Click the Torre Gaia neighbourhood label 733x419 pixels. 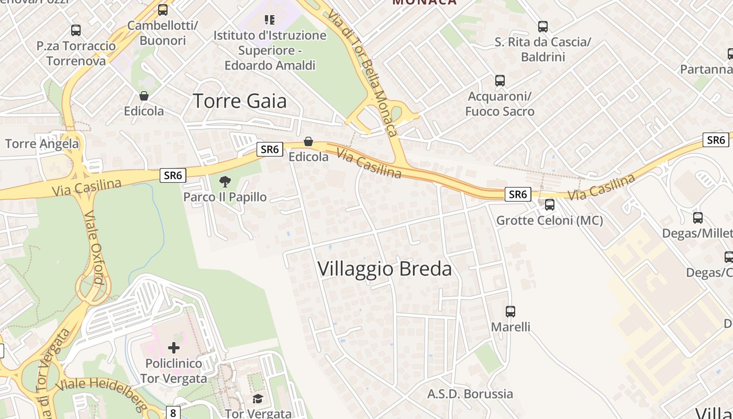240,101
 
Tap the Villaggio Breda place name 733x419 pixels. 384,269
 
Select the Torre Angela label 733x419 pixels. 42,144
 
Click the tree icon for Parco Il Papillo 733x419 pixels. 225,182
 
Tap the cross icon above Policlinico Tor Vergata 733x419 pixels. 173,347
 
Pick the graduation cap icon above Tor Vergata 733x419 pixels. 258,399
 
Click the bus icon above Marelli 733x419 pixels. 510,311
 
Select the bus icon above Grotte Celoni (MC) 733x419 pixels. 550,205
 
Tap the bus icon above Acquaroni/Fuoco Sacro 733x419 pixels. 500,81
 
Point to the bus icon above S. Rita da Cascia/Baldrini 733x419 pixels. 543,26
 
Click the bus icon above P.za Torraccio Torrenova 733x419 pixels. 76,30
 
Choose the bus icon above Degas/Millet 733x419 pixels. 698,218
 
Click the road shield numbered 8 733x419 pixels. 173,413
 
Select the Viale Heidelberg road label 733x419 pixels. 94,390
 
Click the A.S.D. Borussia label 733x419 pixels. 470,394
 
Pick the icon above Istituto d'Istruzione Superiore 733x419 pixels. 270,20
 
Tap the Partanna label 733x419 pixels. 706,69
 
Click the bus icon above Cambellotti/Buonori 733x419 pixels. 163,10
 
